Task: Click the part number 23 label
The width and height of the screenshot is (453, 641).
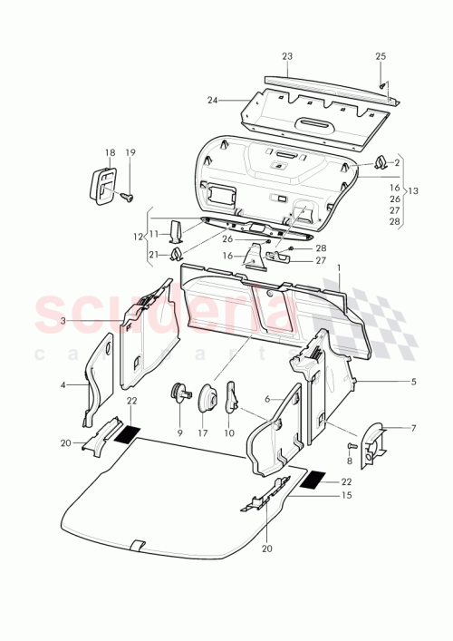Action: coord(287,56)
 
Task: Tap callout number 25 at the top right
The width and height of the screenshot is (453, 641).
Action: coord(381,56)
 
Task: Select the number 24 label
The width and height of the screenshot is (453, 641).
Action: coord(213,100)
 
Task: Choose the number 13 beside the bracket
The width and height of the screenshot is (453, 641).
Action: coord(414,192)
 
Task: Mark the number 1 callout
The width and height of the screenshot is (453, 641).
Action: coord(340,269)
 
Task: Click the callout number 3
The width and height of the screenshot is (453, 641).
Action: coord(63,321)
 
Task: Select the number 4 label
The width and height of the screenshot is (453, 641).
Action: coord(63,385)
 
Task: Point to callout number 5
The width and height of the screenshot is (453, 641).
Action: coord(413,382)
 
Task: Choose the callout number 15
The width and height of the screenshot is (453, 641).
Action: coord(347,496)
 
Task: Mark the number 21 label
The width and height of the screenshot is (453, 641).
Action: coord(153,254)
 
